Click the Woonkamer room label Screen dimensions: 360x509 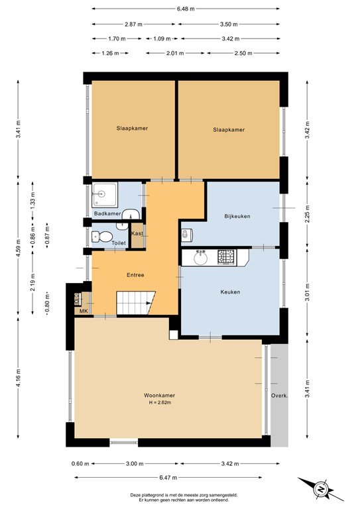pyautogui.click(x=159, y=396)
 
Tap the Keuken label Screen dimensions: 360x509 pyautogui.click(x=230, y=292)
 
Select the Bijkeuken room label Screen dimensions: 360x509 pyautogui.click(x=237, y=216)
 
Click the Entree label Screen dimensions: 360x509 pyautogui.click(x=135, y=275)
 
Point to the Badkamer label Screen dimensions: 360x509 pyautogui.click(x=107, y=213)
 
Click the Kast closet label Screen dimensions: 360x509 pyautogui.click(x=137, y=233)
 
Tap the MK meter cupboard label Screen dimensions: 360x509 pyautogui.click(x=84, y=311)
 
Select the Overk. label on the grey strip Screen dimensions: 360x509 pyautogui.click(x=280, y=396)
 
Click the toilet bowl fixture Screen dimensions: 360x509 pyautogui.click(x=102, y=237)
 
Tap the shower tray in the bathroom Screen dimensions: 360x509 pyautogui.click(x=105, y=195)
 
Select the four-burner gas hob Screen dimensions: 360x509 pyautogui.click(x=227, y=257)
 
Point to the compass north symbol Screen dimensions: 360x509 pyautogui.click(x=320, y=489)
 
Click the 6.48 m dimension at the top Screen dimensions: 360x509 pyautogui.click(x=186, y=9)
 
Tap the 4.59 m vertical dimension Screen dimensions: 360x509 pyautogui.click(x=18, y=249)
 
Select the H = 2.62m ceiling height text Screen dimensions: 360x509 pyautogui.click(x=160, y=402)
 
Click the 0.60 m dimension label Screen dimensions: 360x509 pyautogui.click(x=80, y=463)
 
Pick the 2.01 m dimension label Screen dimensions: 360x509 pyautogui.click(x=175, y=53)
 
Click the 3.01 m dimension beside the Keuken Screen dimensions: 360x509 pyautogui.click(x=307, y=292)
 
